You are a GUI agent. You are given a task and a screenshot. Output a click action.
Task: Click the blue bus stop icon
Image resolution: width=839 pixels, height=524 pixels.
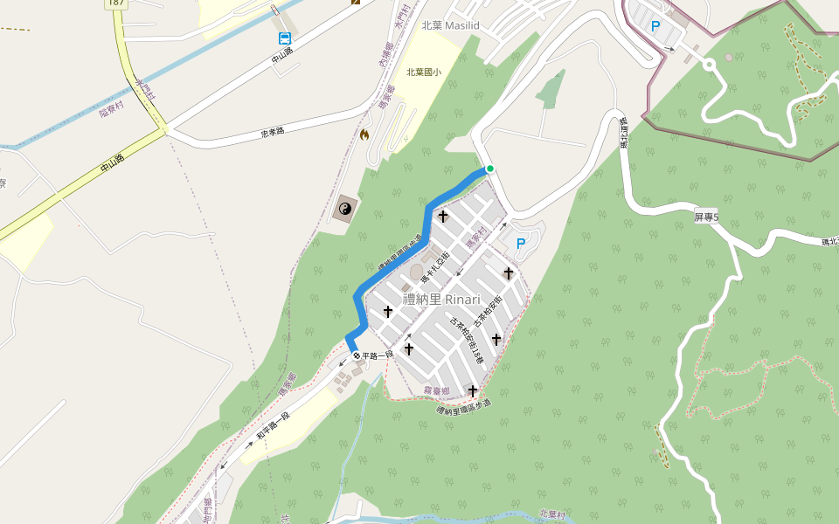pyautogui.click(x=286, y=38)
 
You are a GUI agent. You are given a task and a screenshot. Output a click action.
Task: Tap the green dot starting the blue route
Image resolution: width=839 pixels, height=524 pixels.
pyautogui.click(x=490, y=169)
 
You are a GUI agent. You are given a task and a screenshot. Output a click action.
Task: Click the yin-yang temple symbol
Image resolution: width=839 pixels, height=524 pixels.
pyautogui.click(x=344, y=208)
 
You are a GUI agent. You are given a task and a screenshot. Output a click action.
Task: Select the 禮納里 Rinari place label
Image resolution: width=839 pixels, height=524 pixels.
pyautogui.click(x=441, y=300)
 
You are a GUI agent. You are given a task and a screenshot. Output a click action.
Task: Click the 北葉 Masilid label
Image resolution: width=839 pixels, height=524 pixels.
pyautogui.click(x=450, y=26)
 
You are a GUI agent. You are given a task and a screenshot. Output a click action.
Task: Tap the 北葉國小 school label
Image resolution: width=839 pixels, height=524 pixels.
pyautogui.click(x=424, y=72)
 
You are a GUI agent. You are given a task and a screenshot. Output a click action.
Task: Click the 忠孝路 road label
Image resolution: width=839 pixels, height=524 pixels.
pyautogui.click(x=274, y=134)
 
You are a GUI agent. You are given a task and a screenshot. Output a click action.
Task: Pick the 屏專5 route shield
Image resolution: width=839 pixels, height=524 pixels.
pyautogui.click(x=706, y=217)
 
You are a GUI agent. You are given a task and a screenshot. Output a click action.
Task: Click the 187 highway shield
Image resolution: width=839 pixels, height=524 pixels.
pyautogui.click(x=115, y=3)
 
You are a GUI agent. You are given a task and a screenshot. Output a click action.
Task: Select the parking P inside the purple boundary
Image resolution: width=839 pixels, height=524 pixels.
pyautogui.click(x=655, y=27)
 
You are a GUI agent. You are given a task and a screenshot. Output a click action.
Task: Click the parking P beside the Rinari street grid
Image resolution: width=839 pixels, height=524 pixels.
pyautogui.click(x=521, y=244)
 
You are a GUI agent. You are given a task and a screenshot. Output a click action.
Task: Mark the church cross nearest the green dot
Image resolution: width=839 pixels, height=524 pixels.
pyautogui.click(x=443, y=216)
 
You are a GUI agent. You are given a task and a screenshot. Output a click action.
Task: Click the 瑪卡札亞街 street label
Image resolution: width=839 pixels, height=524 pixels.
pyautogui.click(x=434, y=265)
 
